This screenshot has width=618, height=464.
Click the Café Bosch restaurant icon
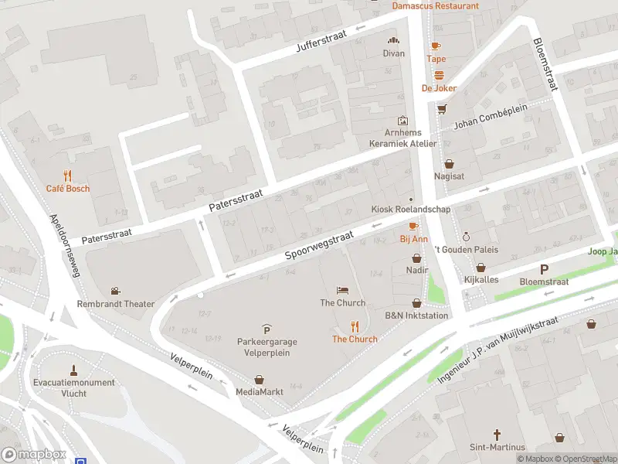tap(67, 175)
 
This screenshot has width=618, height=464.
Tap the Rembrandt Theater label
tap(115, 304)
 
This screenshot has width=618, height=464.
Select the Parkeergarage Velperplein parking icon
tap(267, 329)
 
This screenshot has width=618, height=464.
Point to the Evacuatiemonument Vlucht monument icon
tap(74, 369)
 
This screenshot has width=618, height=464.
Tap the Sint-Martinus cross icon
tap(497, 435)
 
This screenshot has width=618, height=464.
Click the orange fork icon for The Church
tap(355, 326)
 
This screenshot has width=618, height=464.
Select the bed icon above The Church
tap(343, 290)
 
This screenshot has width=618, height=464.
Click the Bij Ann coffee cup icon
tap(413, 226)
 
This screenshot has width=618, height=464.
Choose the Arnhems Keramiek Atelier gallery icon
tap(402, 121)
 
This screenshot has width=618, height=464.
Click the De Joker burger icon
tap(439, 75)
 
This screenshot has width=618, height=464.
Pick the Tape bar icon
tap(436, 46)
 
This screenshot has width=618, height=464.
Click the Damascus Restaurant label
tap(435, 5)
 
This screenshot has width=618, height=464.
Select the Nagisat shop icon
tap(449, 163)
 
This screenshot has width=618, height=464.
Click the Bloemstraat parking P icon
tap(544, 269)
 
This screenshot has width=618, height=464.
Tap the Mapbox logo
tap(34, 454)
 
